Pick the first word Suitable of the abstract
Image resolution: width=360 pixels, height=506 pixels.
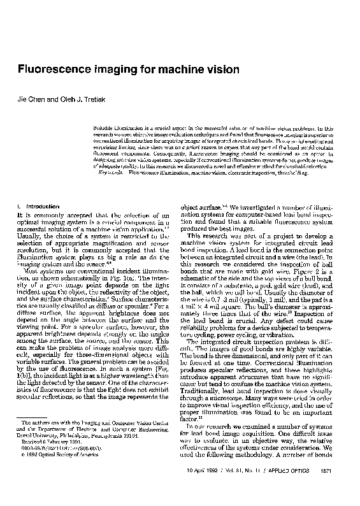(104, 128)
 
